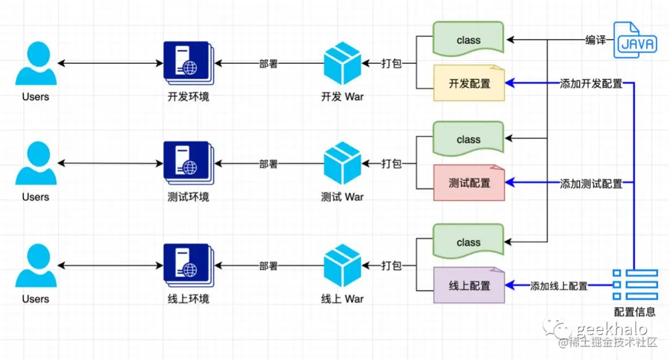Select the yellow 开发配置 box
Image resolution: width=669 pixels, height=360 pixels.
pos(469,84)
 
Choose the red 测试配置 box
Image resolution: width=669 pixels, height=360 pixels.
pos(469,183)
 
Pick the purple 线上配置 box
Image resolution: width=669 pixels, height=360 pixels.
pos(469,286)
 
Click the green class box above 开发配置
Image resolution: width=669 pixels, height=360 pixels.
pos(469,40)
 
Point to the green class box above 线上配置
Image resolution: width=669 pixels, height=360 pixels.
pos(469,242)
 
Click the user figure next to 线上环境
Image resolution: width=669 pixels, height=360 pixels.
pos(36,267)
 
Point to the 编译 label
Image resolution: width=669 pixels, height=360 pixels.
pos(595,40)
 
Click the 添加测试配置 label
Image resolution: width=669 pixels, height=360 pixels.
pos(591,183)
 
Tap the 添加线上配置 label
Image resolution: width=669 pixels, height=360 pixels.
pos(559,286)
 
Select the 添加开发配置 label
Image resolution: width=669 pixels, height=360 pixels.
pos(591,84)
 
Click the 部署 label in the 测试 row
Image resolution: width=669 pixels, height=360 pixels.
pos(268,164)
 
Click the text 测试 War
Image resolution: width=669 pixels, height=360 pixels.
pos(343,197)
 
